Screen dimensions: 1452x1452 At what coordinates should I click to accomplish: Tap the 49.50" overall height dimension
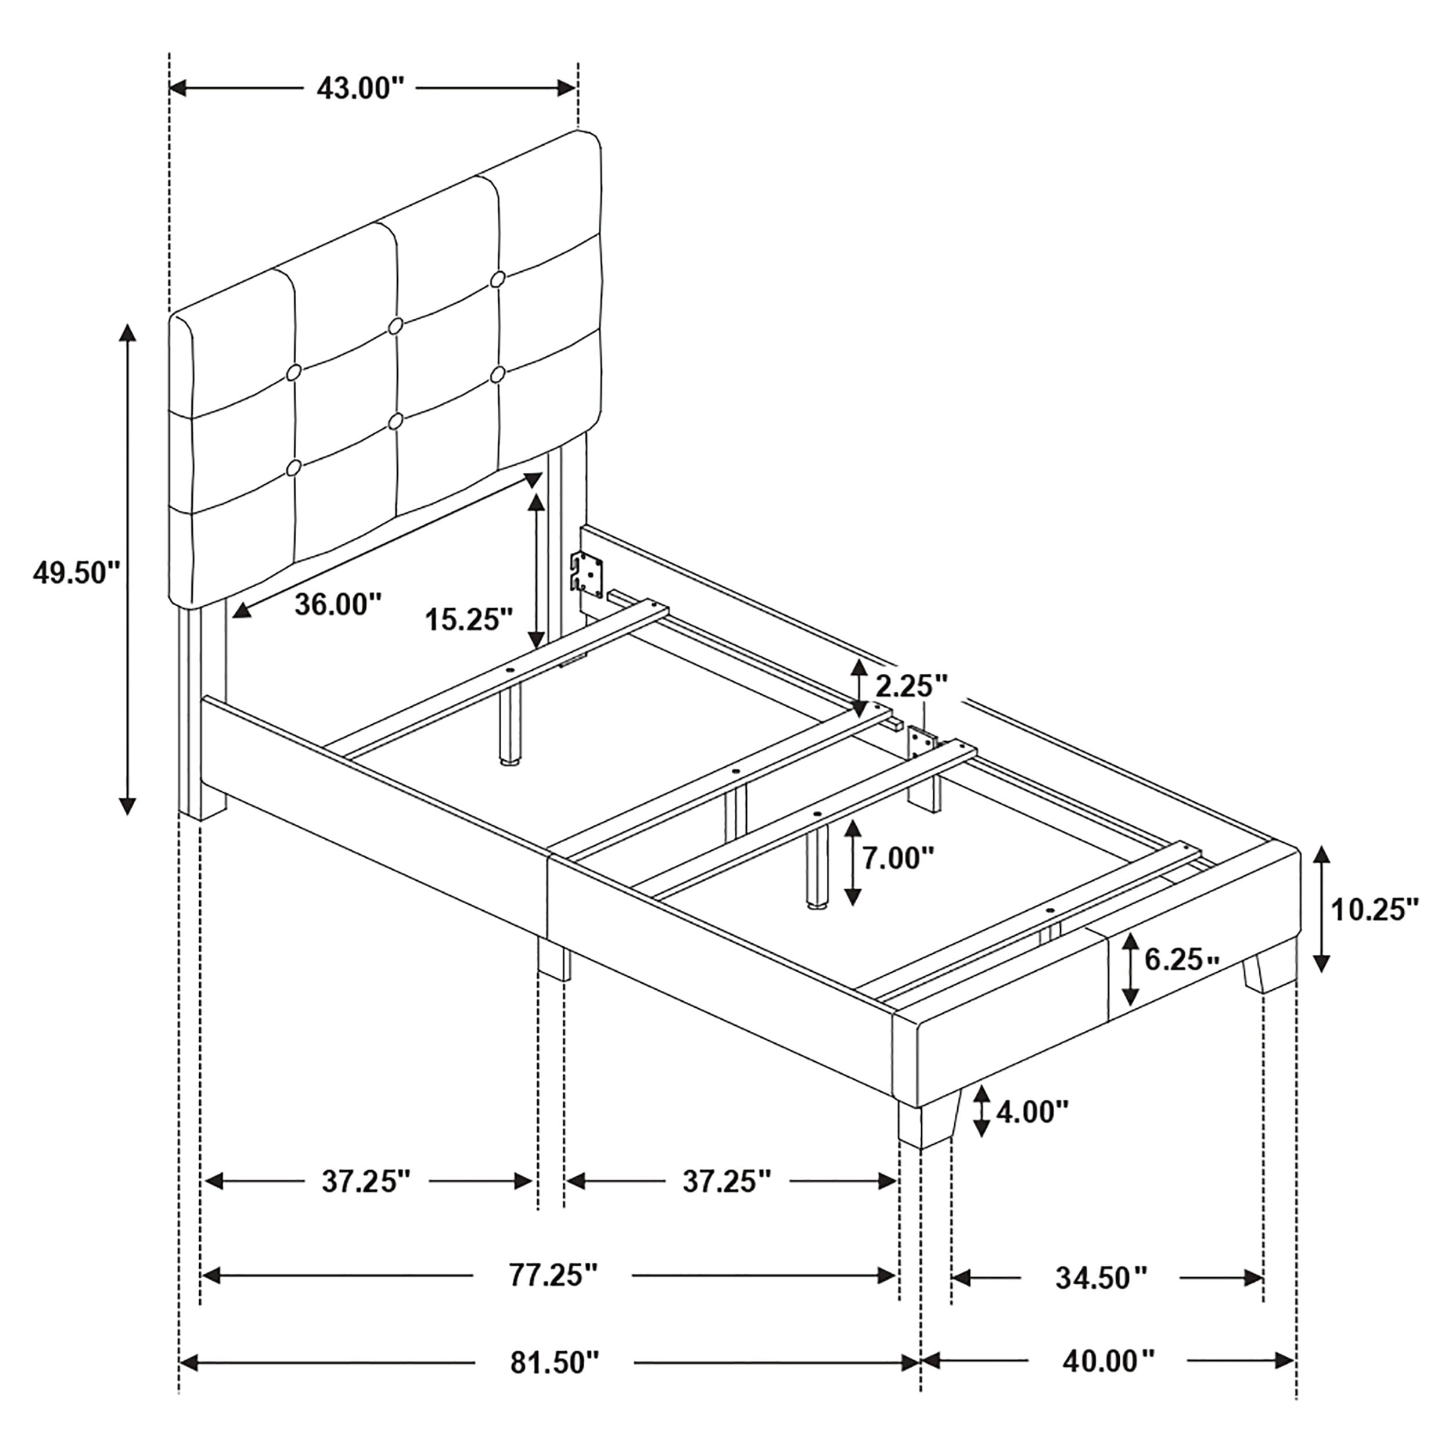coord(77,573)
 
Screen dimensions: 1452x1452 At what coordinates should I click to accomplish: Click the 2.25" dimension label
coord(912,685)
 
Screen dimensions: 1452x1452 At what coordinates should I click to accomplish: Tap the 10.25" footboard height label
coord(1376,910)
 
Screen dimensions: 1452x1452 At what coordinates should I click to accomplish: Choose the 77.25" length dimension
coord(553,1275)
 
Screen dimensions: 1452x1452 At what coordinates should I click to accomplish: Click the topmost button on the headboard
coord(498,279)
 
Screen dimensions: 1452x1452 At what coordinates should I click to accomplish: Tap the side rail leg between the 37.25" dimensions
coord(554,959)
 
